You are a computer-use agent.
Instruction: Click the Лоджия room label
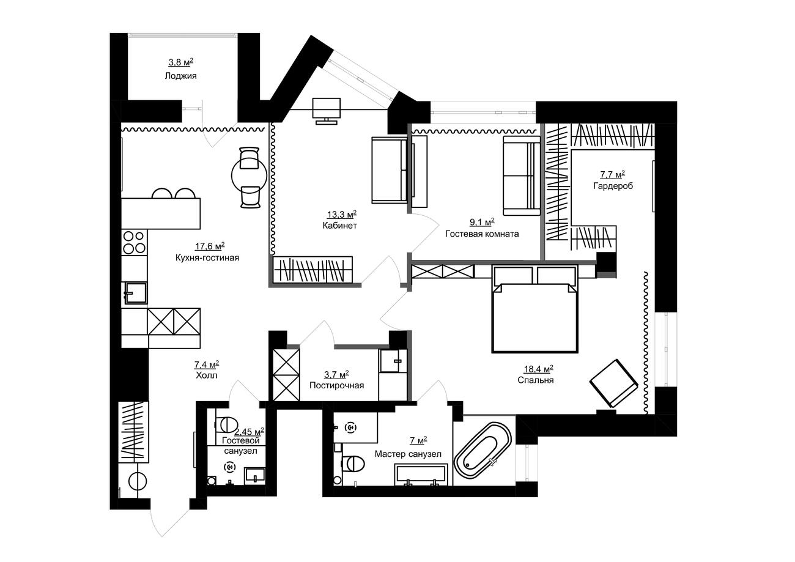pyautogui.click(x=180, y=76)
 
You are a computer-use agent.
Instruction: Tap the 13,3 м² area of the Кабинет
pyautogui.click(x=341, y=214)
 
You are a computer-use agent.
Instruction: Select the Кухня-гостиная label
pyautogui.click(x=207, y=257)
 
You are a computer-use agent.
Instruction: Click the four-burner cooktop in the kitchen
pyautogui.click(x=134, y=242)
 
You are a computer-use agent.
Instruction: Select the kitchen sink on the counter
pyautogui.click(x=135, y=293)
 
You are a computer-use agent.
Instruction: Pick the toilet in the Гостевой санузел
pyautogui.click(x=226, y=424)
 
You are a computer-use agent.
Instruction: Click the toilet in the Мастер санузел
pyautogui.click(x=353, y=464)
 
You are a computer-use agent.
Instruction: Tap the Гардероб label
pyautogui.click(x=613, y=186)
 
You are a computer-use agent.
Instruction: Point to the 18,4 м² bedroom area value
pyautogui.click(x=538, y=369)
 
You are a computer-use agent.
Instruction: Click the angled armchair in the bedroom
pyautogui.click(x=613, y=383)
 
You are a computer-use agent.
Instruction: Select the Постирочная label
pyautogui.click(x=337, y=385)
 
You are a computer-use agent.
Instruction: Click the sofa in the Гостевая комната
pyautogui.click(x=522, y=176)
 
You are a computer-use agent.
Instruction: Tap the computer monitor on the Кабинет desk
pyautogui.click(x=326, y=108)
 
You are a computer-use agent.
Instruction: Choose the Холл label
pyautogui.click(x=207, y=375)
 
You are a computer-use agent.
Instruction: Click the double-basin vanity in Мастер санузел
pyautogui.click(x=421, y=475)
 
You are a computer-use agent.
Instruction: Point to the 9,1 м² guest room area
pyautogui.click(x=482, y=223)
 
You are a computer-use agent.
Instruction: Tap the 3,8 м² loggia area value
pyautogui.click(x=180, y=62)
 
